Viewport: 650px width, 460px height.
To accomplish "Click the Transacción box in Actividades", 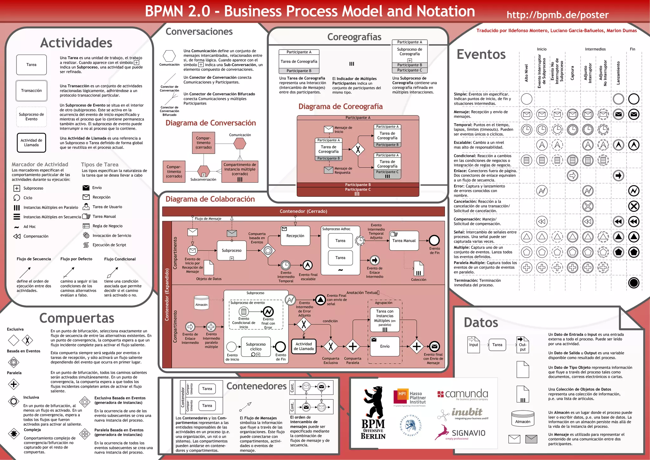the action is point(31,91).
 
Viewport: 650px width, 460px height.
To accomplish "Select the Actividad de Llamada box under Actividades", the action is point(31,143).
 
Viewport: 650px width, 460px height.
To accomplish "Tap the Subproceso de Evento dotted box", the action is point(31,117).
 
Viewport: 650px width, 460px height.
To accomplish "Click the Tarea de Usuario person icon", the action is point(86,207).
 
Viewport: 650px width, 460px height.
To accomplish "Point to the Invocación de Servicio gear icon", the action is point(86,235).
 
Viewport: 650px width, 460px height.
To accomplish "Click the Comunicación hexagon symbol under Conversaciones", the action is point(169,56).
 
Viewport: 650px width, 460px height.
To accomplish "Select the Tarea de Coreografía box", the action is point(299,62).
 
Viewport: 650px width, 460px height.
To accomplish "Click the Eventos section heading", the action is point(481,54).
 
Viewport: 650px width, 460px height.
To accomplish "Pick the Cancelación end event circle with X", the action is point(634,206).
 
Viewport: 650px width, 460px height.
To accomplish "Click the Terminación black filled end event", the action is point(634,283).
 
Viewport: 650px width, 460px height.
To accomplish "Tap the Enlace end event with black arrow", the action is point(618,175).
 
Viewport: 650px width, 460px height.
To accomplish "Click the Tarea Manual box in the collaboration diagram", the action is point(404,241).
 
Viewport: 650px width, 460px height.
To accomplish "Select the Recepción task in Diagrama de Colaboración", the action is point(295,236).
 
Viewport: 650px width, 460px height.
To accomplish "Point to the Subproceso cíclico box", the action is point(256,347).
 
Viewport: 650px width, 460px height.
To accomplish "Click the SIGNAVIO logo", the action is point(460,433).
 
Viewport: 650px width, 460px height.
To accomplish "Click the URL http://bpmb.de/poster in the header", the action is point(557,15).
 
